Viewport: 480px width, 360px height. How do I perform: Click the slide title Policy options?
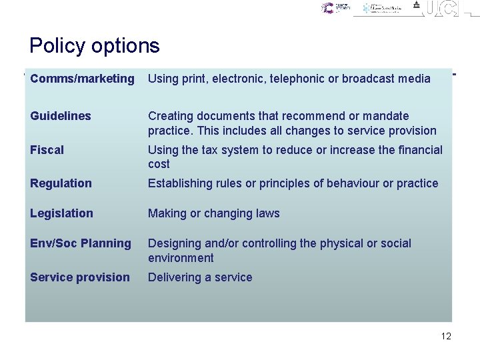pos(95,45)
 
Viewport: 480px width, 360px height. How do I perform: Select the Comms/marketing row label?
pos(82,79)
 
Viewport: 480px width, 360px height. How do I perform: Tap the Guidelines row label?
pos(61,116)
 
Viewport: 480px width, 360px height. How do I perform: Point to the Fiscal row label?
pos(47,150)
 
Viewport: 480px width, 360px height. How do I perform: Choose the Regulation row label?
pos(61,183)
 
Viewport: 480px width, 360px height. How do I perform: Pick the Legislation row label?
pos(61,213)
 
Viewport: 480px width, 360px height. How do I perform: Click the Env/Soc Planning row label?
pos(81,243)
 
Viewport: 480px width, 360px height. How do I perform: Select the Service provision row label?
pos(80,277)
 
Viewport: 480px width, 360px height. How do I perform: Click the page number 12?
pos(446,336)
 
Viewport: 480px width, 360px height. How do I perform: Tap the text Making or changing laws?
pos(213,213)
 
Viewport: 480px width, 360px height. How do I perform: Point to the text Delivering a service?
pos(200,277)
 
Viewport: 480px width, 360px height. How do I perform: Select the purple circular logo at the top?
pos(327,8)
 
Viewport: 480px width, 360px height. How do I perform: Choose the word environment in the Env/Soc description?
pos(181,258)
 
